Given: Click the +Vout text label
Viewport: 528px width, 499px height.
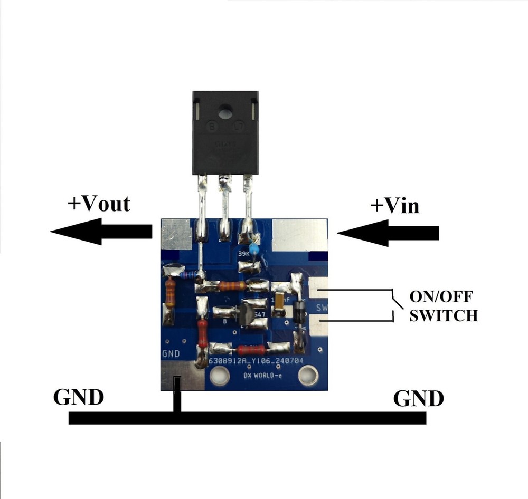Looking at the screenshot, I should (x=98, y=204).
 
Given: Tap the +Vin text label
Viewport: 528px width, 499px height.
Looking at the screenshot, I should (x=394, y=205).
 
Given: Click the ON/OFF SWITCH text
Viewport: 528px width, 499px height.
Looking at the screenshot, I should (x=444, y=305).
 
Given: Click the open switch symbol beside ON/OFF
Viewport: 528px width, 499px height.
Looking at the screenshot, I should (x=393, y=305).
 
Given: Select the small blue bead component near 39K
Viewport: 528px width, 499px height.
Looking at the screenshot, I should (x=254, y=249).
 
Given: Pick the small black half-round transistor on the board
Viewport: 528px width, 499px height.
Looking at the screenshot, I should (x=244, y=314).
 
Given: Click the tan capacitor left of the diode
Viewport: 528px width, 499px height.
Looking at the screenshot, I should (x=278, y=306).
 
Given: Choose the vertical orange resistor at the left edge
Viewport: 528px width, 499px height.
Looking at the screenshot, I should (x=170, y=293).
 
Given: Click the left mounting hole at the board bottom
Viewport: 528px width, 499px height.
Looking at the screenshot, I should (x=217, y=376).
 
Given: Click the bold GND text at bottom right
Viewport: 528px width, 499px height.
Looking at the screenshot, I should (x=419, y=398).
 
